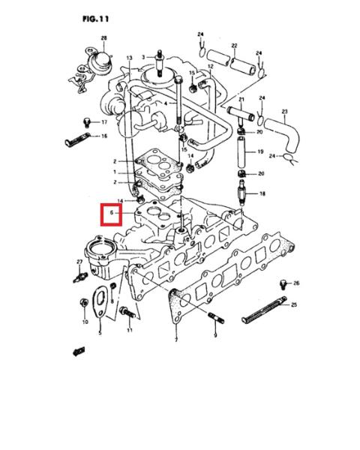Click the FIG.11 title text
point(95,19)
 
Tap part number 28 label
point(103,38)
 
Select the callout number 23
point(284,111)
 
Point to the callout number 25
point(294,304)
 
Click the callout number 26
point(296,283)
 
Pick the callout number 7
point(176,340)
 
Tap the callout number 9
point(215,334)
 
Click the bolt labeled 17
point(86,122)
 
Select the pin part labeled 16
point(77,139)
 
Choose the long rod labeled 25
point(265,309)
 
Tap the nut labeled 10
point(84,303)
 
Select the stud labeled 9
point(216,318)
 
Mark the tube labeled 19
point(241,152)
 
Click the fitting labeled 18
point(241,192)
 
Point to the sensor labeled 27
point(80,277)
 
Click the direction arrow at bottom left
point(79,351)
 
